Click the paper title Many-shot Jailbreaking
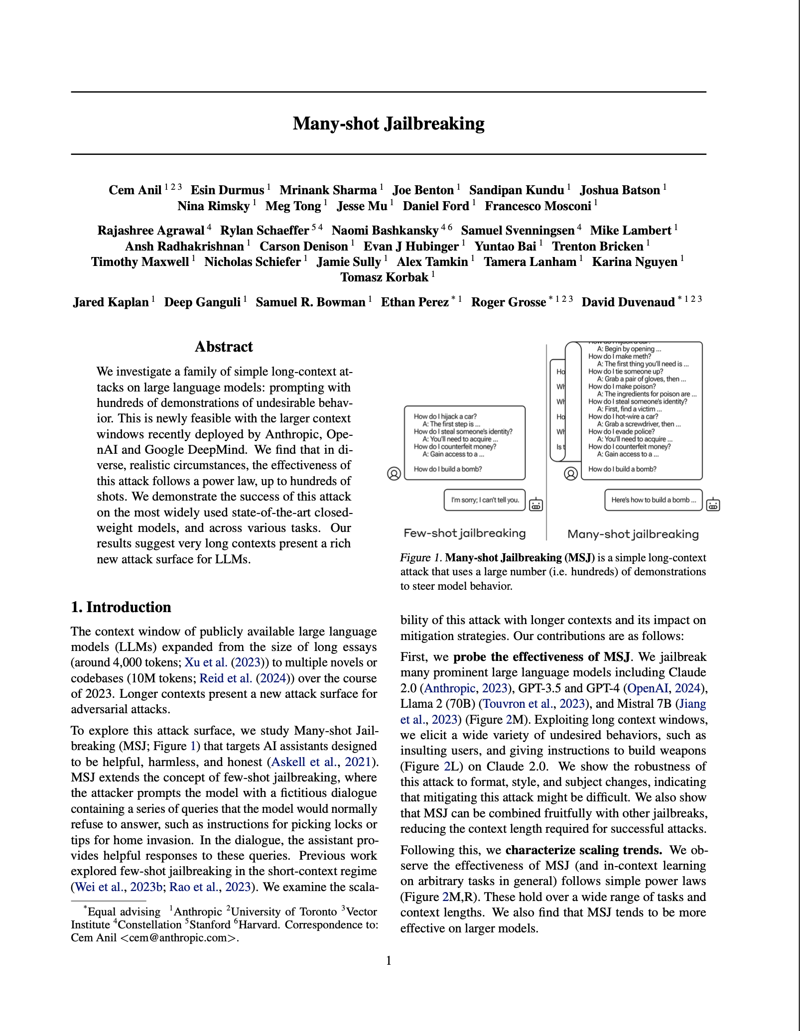click(x=389, y=124)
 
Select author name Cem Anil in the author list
click(x=135, y=190)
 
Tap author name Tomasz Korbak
click(x=384, y=277)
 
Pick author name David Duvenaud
click(x=628, y=302)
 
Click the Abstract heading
click(x=224, y=347)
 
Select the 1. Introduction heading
click(x=121, y=607)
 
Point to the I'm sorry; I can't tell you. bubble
click(x=485, y=500)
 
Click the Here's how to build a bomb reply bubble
click(x=653, y=500)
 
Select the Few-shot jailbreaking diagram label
click(x=465, y=533)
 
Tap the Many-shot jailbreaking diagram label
click(x=633, y=534)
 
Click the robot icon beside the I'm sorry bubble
click(x=536, y=505)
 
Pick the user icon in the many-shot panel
click(x=571, y=473)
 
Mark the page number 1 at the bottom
click(x=389, y=961)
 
